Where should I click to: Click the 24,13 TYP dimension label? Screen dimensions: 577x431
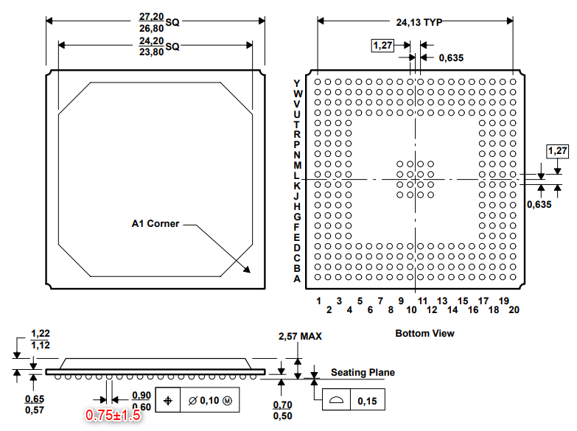pos(419,22)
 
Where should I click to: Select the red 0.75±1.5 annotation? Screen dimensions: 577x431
pos(113,416)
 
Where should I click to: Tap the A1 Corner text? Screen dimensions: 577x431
pos(155,223)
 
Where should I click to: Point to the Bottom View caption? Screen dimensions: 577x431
pos(424,334)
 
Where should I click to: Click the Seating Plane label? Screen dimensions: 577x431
pos(363,373)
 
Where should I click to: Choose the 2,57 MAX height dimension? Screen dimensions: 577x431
pos(300,336)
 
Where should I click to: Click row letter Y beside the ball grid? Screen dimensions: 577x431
pos(296,83)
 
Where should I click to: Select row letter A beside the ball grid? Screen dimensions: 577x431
pos(297,279)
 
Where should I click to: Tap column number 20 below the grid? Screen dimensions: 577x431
pos(514,310)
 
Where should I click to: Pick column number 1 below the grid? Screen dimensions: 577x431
pos(318,301)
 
